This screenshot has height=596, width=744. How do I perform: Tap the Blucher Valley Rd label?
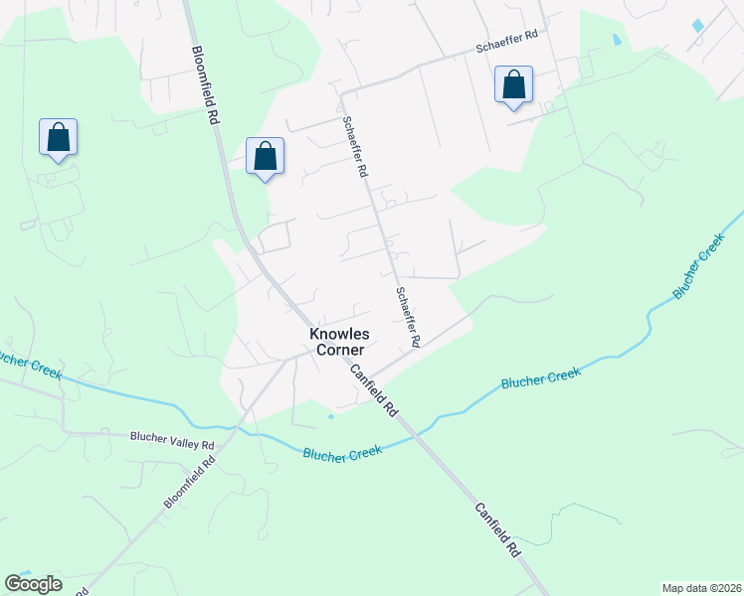click(172, 437)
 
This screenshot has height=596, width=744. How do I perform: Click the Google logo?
click(33, 584)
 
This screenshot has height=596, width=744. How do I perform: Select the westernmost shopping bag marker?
click(58, 138)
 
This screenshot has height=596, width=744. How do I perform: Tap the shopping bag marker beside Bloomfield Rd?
click(265, 157)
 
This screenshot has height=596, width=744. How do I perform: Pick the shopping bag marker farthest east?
click(513, 85)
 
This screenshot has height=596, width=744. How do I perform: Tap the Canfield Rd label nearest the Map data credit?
click(498, 528)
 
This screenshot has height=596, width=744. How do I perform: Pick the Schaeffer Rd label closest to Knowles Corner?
click(408, 317)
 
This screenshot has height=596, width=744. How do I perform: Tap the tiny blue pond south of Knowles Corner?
click(331, 415)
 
